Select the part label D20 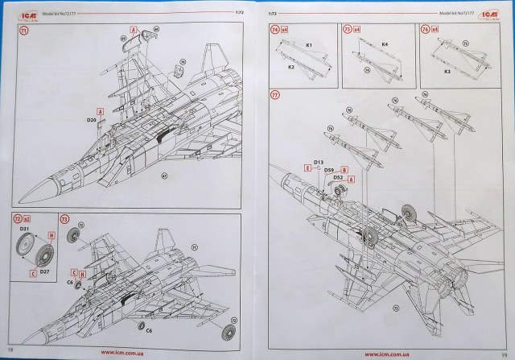(x=90, y=119)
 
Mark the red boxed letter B (x=344, y=169)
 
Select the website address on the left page (x=124, y=352)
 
